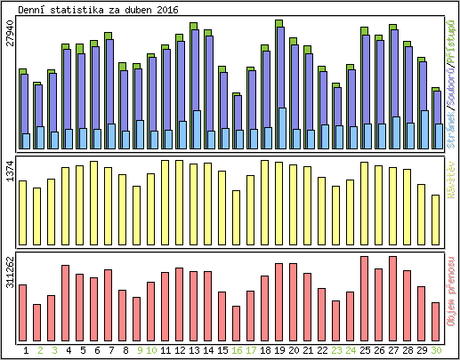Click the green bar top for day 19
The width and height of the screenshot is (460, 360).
point(278,23)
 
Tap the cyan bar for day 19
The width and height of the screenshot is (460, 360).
point(282,128)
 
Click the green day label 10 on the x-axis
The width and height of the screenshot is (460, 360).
point(151,350)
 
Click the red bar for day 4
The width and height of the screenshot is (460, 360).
point(65,298)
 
